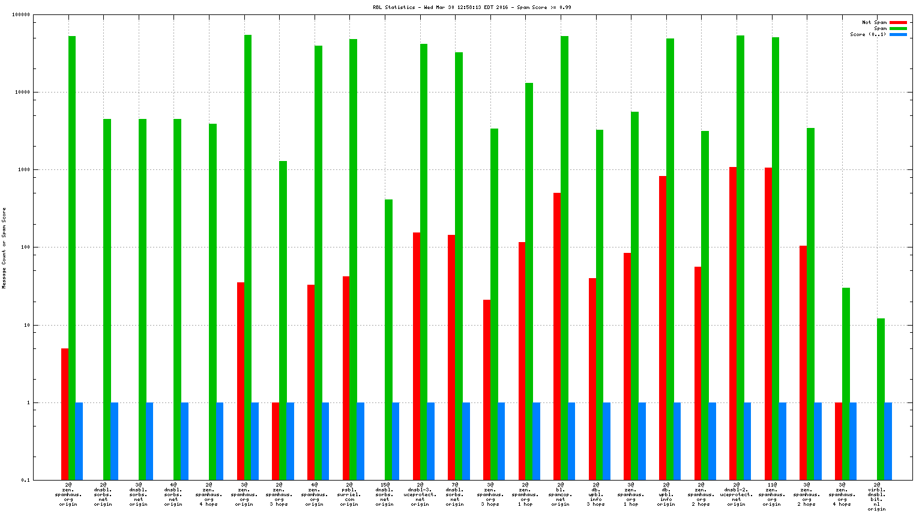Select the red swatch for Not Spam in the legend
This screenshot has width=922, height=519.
[898, 23]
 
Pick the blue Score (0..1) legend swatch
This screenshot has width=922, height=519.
[898, 35]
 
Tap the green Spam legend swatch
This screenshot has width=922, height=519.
[898, 29]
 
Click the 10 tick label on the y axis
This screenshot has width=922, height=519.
[26, 325]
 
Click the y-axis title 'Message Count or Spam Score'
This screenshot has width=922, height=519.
[4, 248]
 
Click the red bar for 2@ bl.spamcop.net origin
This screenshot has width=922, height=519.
[557, 336]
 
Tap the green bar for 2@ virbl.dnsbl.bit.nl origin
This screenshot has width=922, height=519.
[881, 399]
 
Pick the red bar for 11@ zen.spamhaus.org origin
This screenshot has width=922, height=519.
[768, 324]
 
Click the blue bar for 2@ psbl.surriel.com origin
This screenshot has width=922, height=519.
[361, 441]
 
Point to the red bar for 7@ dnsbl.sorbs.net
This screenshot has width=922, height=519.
[451, 357]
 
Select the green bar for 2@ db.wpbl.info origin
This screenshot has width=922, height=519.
[670, 259]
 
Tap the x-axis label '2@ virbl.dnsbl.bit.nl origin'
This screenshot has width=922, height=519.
[877, 496]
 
